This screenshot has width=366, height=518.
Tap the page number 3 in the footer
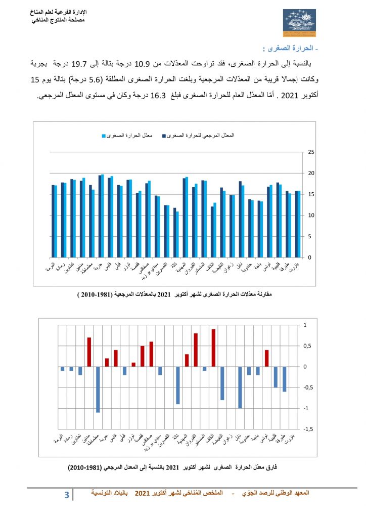click(67, 494)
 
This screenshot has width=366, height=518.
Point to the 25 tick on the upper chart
click(311, 152)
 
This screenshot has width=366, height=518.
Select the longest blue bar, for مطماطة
click(98, 390)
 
